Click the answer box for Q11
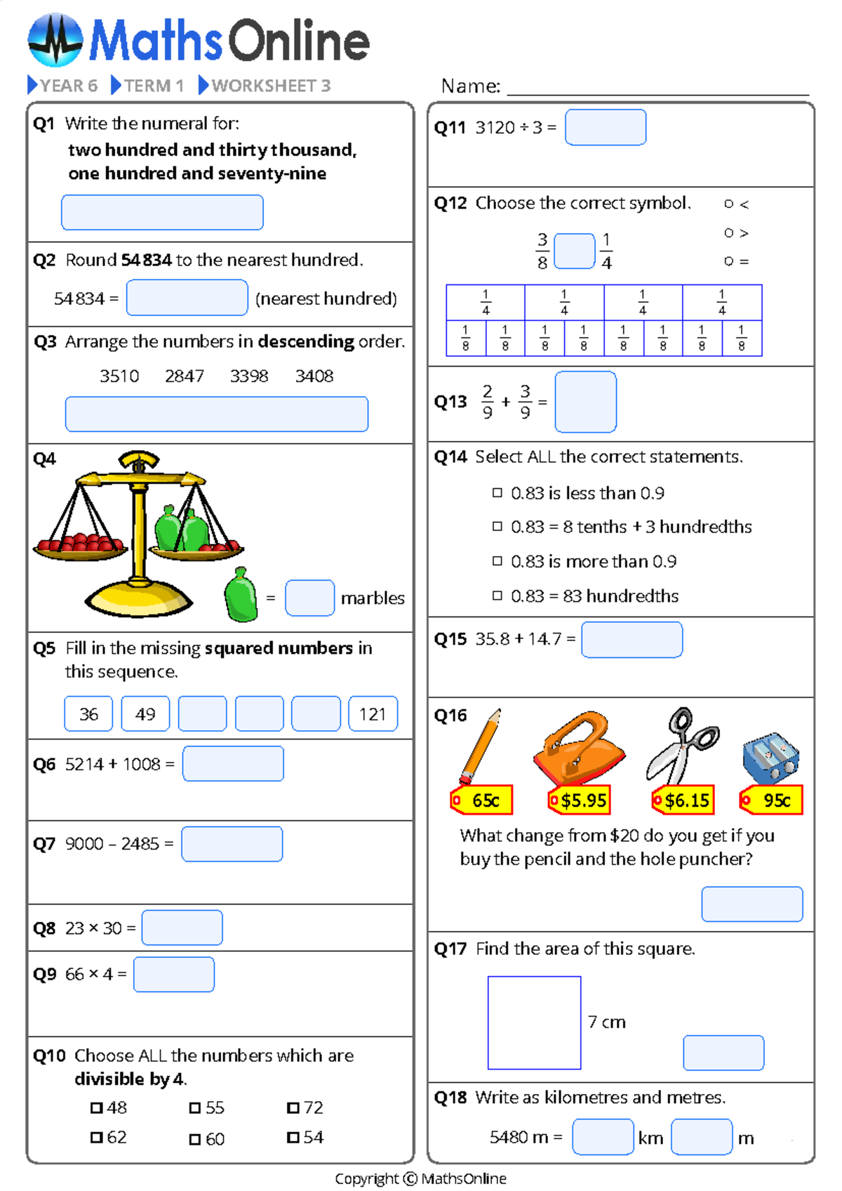pyautogui.click(x=605, y=127)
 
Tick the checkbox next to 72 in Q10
pyautogui.click(x=293, y=1108)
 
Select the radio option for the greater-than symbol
pyautogui.click(x=729, y=232)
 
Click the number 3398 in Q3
pyautogui.click(x=249, y=376)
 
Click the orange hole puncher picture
pyautogui.click(x=579, y=750)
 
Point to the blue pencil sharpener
pyautogui.click(x=771, y=758)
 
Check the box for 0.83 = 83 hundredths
pyautogui.click(x=497, y=595)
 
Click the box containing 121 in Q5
pyautogui.click(x=373, y=714)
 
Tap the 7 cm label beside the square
pyautogui.click(x=606, y=1022)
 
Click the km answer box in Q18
pyautogui.click(x=603, y=1137)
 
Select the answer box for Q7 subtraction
pyautogui.click(x=232, y=844)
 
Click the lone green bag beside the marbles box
pyautogui.click(x=241, y=595)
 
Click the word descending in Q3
pyautogui.click(x=306, y=342)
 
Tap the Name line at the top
pyautogui.click(x=657, y=87)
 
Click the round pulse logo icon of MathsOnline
pyautogui.click(x=55, y=40)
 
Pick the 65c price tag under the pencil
pyautogui.click(x=483, y=801)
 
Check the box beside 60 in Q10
pyautogui.click(x=195, y=1139)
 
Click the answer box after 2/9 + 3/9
pyautogui.click(x=585, y=402)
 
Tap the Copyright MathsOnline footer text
pyautogui.click(x=420, y=1178)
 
